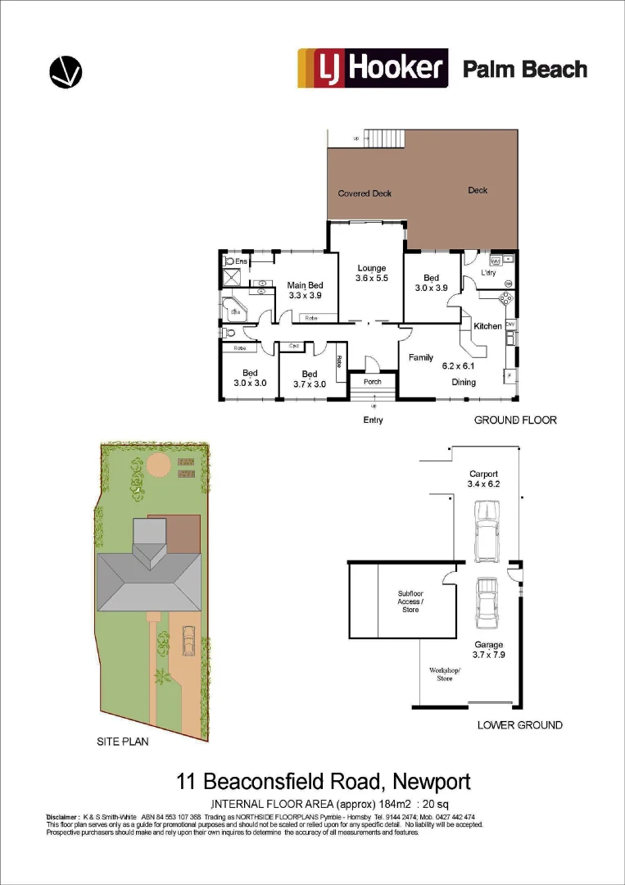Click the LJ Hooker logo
pos(373,68)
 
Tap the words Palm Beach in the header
pos(525,69)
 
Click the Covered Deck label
pos(365,193)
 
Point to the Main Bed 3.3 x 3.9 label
pos(303,291)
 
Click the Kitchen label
pos(488,326)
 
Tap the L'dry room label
pos(489,273)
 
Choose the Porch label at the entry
pos(372,382)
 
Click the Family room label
pos(421,357)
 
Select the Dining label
pos(464,382)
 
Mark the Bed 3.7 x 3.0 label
pos(309,379)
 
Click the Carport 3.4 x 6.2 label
pos(483,479)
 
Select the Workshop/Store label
pos(445,674)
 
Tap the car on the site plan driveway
pos(188,641)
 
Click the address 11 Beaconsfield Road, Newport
pos(324,781)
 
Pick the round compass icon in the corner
pos(66,71)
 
